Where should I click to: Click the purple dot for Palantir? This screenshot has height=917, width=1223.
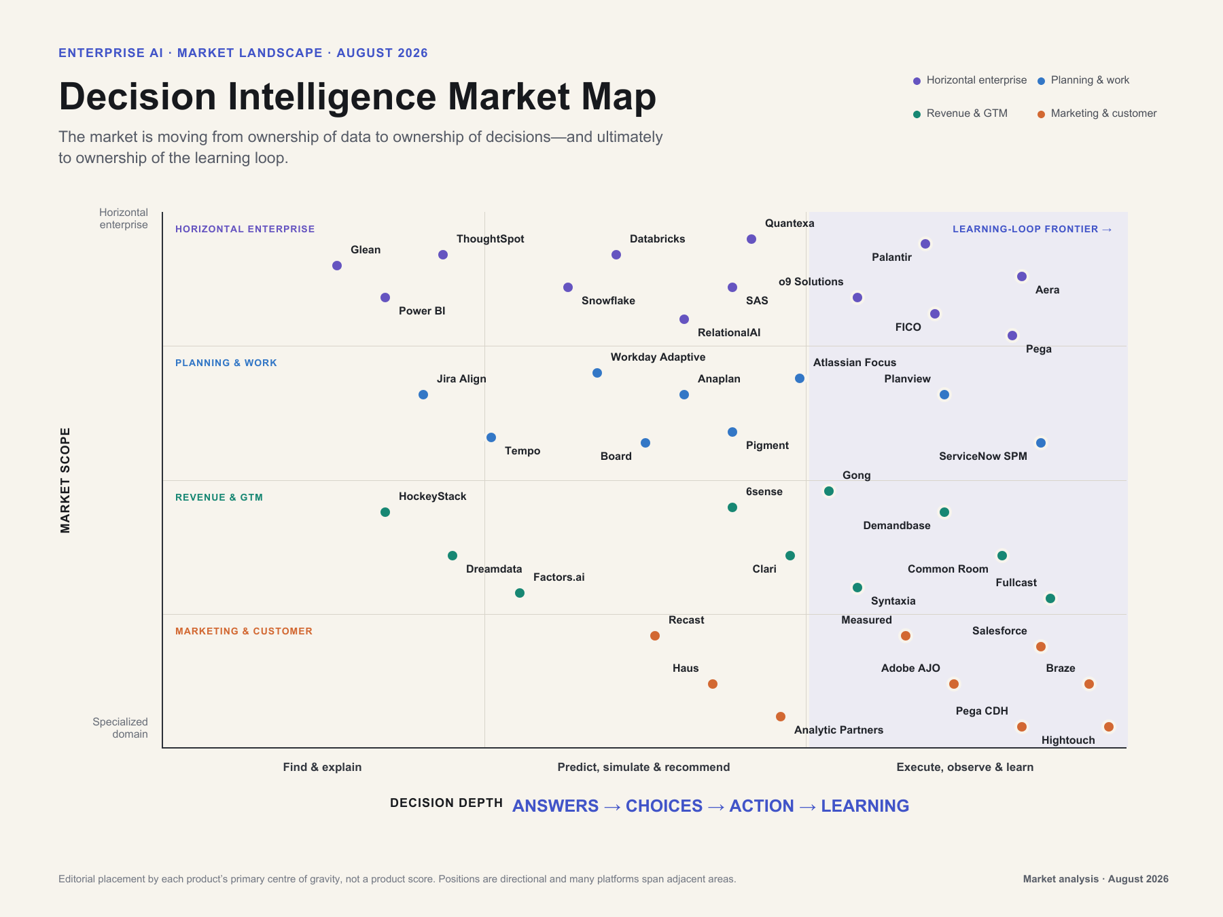[925, 244]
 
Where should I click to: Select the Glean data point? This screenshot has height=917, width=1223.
[337, 266]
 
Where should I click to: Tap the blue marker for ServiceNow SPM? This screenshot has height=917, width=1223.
[1041, 443]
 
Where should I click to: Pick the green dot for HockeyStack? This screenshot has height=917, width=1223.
[385, 512]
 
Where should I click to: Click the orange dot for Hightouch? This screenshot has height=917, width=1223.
[1109, 727]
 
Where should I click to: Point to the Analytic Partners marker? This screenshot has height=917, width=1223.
[781, 717]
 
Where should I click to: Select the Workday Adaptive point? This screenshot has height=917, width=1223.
[597, 373]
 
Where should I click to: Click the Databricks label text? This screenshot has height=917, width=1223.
[657, 239]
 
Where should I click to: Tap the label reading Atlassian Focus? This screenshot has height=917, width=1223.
[855, 363]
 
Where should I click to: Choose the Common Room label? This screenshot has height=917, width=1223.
[948, 569]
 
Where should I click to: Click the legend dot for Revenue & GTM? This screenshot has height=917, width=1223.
[917, 114]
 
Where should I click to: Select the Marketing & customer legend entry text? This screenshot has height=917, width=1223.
[1103, 113]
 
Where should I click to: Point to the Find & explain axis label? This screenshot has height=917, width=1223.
[322, 767]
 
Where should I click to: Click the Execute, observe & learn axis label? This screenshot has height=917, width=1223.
[965, 767]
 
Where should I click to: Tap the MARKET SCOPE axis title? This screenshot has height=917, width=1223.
[65, 480]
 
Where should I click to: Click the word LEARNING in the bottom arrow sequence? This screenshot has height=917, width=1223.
[865, 806]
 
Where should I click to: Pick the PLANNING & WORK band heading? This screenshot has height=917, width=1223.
[226, 363]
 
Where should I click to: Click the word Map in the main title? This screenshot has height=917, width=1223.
[619, 96]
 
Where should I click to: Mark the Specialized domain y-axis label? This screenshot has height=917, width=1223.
[120, 727]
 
